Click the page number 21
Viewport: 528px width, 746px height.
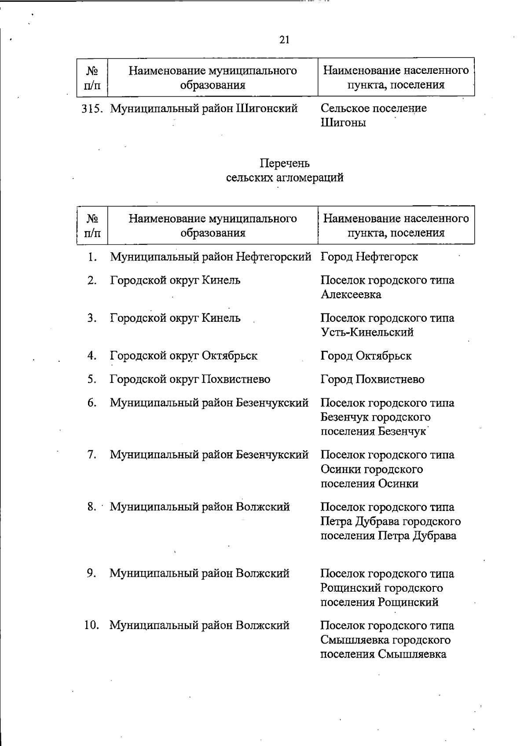pyautogui.click(x=284, y=40)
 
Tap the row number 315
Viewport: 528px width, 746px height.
pyautogui.click(x=92, y=108)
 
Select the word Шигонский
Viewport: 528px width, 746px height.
pyautogui.click(x=267, y=108)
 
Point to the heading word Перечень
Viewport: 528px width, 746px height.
pyautogui.click(x=284, y=164)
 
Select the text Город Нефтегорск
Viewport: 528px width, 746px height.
pyautogui.click(x=369, y=256)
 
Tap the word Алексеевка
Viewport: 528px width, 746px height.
pyautogui.click(x=351, y=295)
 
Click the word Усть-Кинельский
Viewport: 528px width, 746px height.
pyautogui.click(x=367, y=332)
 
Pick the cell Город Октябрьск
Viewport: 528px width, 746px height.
pyautogui.click(x=366, y=356)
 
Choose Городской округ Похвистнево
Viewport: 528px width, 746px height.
pyautogui.click(x=190, y=379)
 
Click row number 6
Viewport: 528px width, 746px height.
pyautogui.click(x=92, y=403)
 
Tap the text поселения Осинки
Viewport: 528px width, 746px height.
pyautogui.click(x=369, y=484)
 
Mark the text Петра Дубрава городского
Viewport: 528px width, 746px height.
pyautogui.click(x=390, y=521)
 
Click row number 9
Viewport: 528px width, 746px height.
pyautogui.click(x=92, y=573)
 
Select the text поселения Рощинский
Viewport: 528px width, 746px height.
pyautogui.click(x=379, y=602)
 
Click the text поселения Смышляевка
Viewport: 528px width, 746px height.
pyautogui.click(x=383, y=654)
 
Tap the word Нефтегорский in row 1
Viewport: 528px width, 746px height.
pyautogui.click(x=273, y=256)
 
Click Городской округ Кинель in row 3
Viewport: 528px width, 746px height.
pyautogui.click(x=175, y=318)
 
